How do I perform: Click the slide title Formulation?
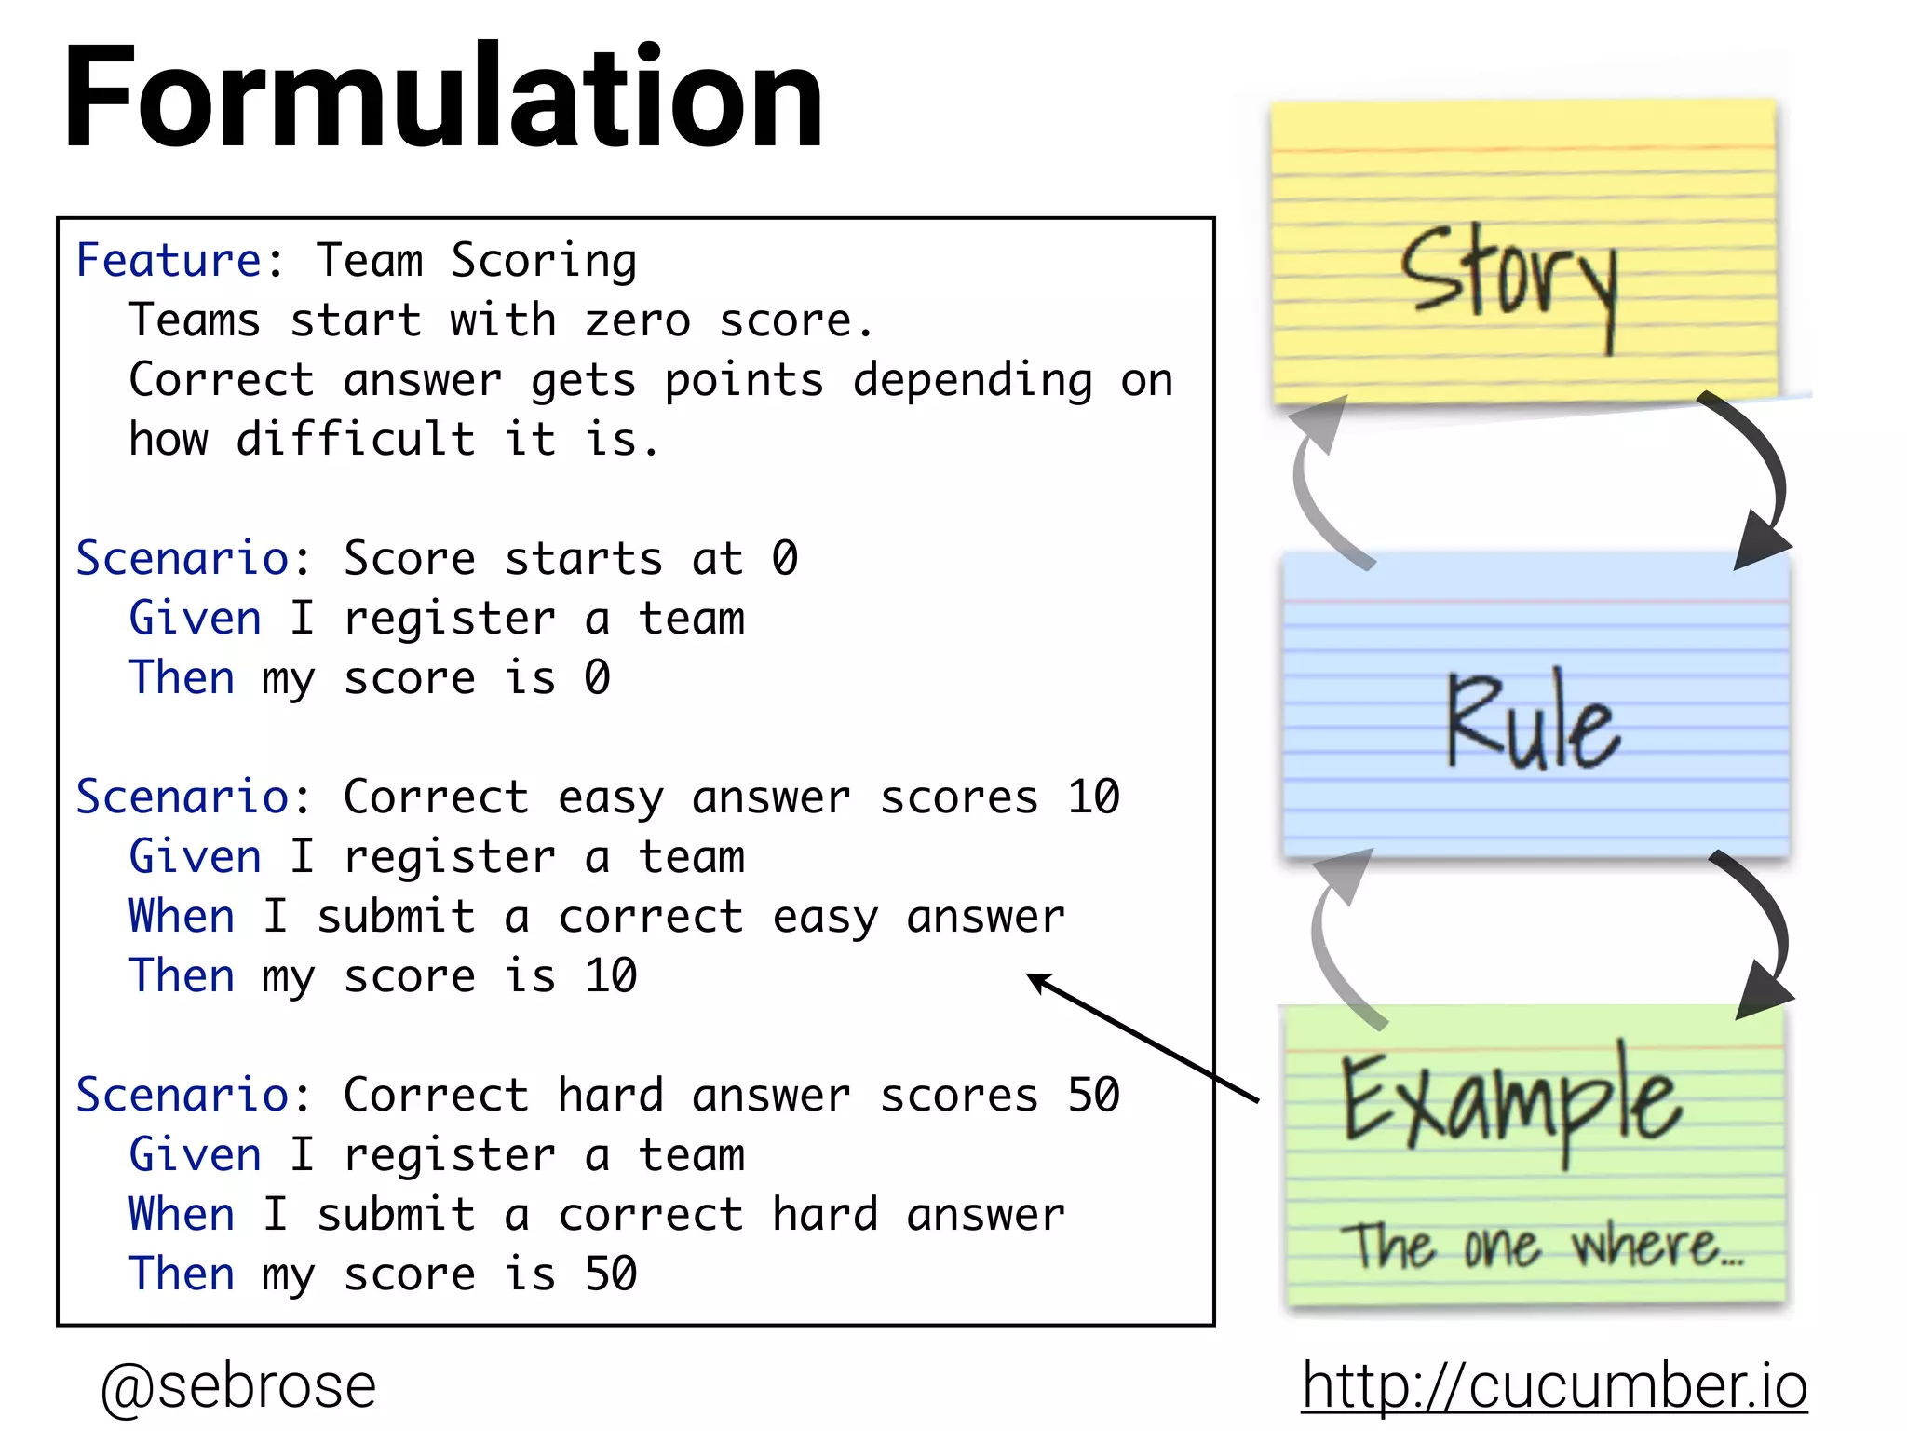click(x=442, y=98)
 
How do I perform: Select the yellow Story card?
click(x=1523, y=252)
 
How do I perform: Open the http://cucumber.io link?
click(x=1553, y=1385)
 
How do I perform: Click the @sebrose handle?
click(x=238, y=1385)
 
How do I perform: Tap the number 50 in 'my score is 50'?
click(x=611, y=1274)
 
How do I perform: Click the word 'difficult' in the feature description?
click(x=356, y=439)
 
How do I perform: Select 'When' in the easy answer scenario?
click(x=182, y=916)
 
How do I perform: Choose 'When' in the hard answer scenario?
click(x=182, y=1214)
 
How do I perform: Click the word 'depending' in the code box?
click(x=972, y=380)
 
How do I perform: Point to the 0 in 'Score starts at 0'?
click(x=784, y=558)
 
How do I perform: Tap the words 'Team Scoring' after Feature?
click(x=477, y=260)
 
